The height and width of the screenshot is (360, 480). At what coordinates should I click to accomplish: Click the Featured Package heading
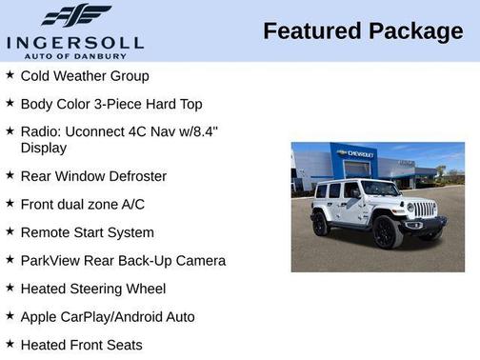[x=363, y=31]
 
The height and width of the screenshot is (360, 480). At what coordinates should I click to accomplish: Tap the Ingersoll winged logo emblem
[x=76, y=15]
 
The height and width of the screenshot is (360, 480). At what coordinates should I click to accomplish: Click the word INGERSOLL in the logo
[x=74, y=42]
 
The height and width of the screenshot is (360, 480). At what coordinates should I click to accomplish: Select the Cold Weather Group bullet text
[x=85, y=75]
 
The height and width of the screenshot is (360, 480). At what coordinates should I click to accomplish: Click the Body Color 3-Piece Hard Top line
[x=111, y=103]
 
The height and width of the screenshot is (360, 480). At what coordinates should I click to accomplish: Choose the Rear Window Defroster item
[x=93, y=176]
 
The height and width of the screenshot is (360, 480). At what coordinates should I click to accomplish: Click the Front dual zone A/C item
[x=83, y=204]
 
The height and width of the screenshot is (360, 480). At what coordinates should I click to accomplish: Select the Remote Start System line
[x=87, y=232]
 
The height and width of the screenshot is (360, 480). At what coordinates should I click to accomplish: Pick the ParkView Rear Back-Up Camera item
[x=123, y=260]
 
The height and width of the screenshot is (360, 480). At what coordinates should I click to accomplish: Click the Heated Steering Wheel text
[x=93, y=289]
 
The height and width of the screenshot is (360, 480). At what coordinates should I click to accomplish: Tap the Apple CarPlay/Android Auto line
[x=108, y=316]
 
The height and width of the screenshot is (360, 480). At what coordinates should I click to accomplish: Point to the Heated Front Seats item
[x=81, y=345]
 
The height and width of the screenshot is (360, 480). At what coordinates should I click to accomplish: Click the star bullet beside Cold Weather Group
[x=10, y=74]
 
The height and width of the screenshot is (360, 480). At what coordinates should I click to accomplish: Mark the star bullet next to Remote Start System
[x=10, y=231]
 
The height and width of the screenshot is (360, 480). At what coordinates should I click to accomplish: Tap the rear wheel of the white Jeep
[x=322, y=225]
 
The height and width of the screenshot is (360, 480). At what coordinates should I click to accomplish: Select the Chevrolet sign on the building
[x=356, y=152]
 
